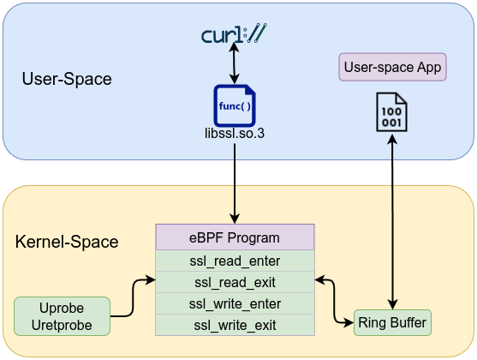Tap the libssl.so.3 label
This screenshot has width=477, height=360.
point(235,135)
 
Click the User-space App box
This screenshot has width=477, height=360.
point(395,68)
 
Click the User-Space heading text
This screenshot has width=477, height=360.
point(67,80)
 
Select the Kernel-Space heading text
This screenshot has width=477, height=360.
point(67,243)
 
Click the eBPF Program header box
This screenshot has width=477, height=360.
point(235,237)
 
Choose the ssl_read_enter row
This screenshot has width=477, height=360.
point(235,260)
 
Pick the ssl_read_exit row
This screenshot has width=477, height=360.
point(235,281)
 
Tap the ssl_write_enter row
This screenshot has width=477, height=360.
point(235,303)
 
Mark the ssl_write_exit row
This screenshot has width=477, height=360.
point(235,325)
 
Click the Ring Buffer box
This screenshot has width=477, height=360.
point(392,323)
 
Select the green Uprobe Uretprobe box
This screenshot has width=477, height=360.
point(62,316)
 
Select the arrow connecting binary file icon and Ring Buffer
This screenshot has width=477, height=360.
point(392,223)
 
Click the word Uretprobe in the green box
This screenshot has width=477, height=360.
point(62,326)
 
